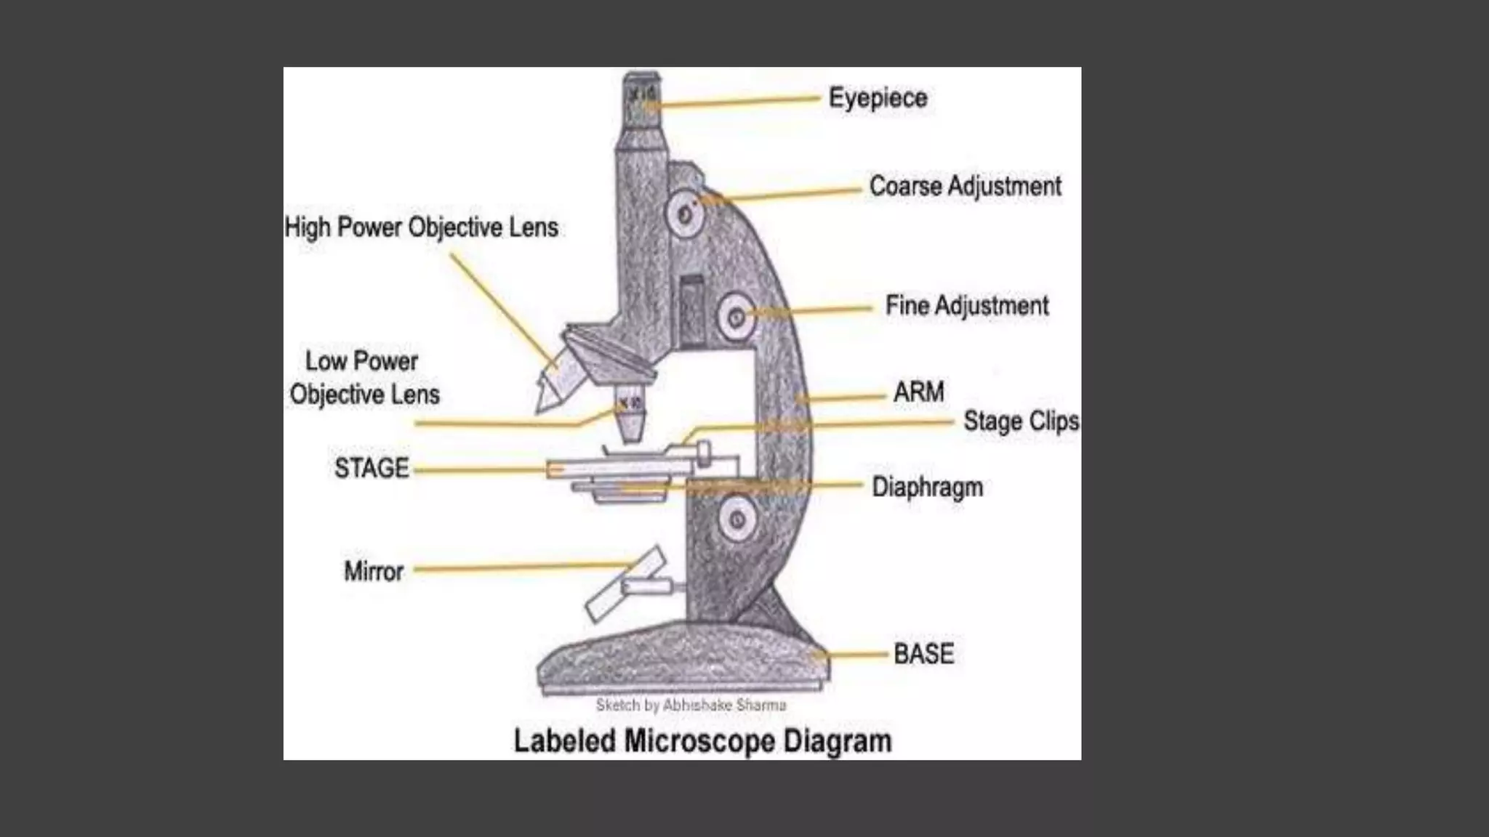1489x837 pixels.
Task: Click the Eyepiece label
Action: click(x=878, y=98)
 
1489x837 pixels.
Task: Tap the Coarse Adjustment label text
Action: click(x=965, y=187)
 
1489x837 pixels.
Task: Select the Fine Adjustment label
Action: click(x=966, y=306)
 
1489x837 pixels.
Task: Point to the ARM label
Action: click(x=918, y=392)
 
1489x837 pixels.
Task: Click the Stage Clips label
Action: click(x=1021, y=421)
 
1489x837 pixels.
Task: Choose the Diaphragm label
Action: click(x=927, y=487)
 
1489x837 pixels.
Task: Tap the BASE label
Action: click(x=923, y=654)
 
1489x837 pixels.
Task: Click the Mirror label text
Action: click(x=373, y=572)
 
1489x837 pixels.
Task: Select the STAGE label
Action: click(x=372, y=469)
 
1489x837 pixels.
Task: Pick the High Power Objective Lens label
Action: click(x=421, y=227)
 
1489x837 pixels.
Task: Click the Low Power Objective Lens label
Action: click(x=364, y=378)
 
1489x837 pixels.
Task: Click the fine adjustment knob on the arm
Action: click(x=736, y=317)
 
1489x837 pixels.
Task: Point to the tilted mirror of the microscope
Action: click(x=625, y=585)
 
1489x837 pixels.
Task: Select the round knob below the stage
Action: click(x=737, y=519)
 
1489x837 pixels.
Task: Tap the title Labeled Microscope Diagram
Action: click(x=702, y=742)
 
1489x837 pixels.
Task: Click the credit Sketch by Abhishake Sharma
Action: click(x=691, y=705)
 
